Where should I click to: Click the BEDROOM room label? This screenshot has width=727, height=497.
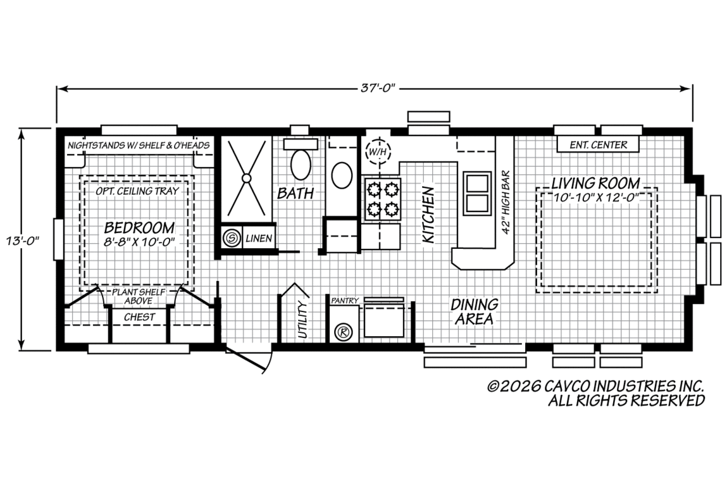click(140, 227)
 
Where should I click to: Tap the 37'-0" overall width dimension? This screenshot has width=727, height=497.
click(378, 88)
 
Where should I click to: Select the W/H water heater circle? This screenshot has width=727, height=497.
click(378, 151)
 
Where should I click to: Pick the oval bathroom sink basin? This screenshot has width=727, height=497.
click(342, 175)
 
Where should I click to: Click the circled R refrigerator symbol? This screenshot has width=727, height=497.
click(344, 332)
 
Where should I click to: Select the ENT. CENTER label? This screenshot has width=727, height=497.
click(598, 145)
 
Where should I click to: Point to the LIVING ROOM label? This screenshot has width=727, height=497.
click(595, 183)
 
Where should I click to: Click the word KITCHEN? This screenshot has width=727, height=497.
click(428, 215)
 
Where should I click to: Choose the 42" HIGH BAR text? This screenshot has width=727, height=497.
click(506, 203)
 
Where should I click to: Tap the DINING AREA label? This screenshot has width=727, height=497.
click(475, 311)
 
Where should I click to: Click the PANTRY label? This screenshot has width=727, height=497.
click(344, 301)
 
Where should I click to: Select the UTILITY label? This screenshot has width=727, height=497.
click(302, 320)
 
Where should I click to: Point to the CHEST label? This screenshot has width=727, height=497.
click(140, 317)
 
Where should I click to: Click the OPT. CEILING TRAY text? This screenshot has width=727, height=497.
click(137, 191)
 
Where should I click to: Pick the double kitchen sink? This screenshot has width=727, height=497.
click(476, 193)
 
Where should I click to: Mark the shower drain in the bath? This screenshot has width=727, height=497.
click(247, 178)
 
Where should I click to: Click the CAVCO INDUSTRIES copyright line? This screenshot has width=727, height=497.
click(596, 386)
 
